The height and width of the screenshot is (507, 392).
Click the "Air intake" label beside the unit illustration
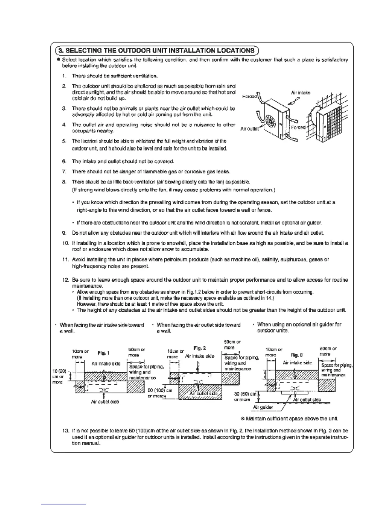[x=300, y=93]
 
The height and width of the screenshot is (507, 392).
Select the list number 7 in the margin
[x=64, y=172]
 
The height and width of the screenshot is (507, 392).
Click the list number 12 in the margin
[x=65, y=280]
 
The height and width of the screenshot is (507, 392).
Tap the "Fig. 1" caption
[x=103, y=353]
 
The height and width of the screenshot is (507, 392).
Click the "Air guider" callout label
[x=263, y=407]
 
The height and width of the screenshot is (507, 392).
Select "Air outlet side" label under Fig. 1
[x=105, y=401]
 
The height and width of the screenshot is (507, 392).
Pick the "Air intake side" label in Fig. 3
[x=298, y=363]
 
